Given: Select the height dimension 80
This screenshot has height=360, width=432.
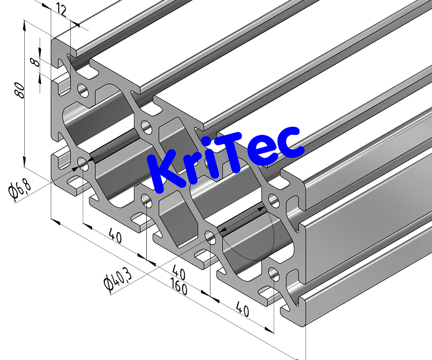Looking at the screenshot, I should click(20, 90).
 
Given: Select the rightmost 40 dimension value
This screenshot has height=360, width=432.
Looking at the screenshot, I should click(241, 311).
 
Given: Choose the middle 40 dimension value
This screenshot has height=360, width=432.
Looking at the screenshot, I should click(179, 271).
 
